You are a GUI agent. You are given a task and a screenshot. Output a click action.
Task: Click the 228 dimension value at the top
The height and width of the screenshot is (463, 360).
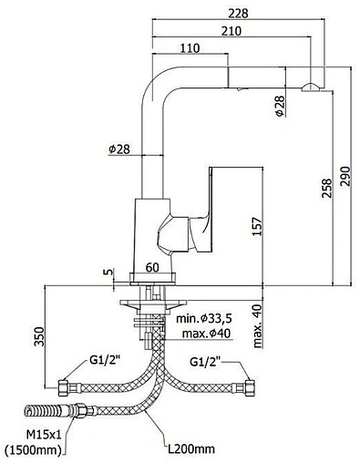point(238,14)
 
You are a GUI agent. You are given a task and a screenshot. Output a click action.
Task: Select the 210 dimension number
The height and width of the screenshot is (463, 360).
point(231,31)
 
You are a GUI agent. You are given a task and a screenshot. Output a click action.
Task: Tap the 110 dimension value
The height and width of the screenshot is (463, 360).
point(190,48)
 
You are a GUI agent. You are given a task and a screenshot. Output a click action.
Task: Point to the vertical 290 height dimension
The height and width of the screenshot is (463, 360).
point(345,177)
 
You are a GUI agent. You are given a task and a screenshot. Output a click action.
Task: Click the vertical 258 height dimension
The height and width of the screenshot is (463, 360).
point(327,189)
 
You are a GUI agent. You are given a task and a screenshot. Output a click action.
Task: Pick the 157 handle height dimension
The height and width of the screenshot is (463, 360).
point(257,226)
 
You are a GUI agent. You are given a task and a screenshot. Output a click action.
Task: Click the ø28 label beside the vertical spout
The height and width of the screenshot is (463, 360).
point(119,149)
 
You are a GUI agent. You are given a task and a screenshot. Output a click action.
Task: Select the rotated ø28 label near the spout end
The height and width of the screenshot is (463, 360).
point(280,106)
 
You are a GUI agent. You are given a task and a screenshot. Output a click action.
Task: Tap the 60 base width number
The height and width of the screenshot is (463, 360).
point(152,268)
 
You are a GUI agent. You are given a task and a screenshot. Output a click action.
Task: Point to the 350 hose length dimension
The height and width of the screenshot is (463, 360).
point(39,336)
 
